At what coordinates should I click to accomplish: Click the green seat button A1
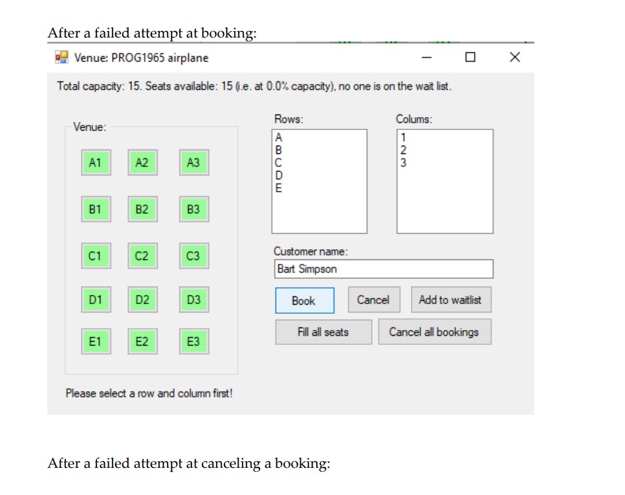95,163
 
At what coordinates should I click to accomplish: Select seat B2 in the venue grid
142,209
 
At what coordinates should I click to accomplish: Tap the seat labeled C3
193,256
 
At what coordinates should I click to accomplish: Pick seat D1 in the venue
95,300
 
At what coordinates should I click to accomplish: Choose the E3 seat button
193,341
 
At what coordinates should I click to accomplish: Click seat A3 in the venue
193,163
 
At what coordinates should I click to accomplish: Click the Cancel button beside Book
373,300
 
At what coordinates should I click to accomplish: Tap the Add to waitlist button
450,300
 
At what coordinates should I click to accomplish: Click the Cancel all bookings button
434,332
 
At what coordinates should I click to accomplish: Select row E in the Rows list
279,189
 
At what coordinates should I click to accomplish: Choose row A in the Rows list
279,137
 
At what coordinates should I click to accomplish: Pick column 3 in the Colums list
403,163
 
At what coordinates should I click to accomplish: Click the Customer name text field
383,269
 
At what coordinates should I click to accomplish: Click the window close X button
514,58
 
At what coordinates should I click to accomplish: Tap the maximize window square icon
470,58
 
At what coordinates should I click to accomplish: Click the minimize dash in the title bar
426,58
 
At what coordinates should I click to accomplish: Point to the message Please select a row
149,393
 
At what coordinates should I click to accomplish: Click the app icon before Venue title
61,58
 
